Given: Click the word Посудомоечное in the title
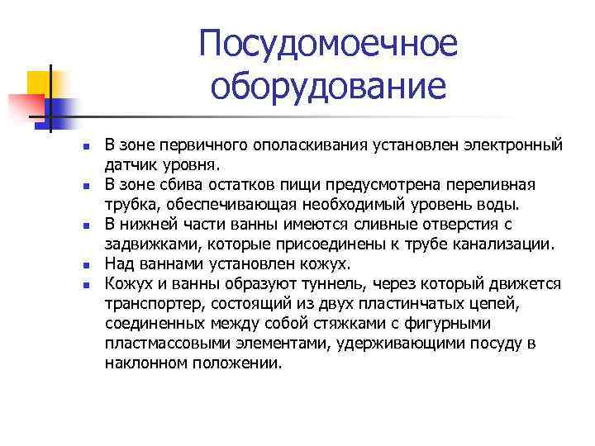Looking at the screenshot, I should click(328, 45).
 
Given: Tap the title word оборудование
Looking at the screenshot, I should click(328, 85).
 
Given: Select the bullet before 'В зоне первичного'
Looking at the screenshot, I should click(84, 147).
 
